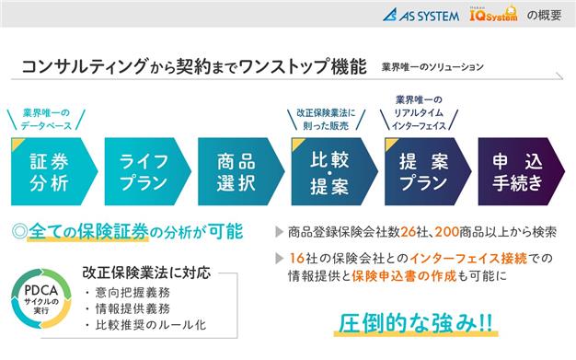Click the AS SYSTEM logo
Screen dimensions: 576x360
(420, 15)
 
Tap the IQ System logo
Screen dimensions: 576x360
(493, 14)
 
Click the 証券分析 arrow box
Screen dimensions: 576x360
(54, 171)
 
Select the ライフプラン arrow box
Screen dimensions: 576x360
(147, 171)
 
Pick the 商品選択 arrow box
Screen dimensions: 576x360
(241, 171)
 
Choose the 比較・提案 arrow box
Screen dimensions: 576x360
(334, 171)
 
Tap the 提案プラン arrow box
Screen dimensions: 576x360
(428, 171)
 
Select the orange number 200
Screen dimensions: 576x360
(446, 232)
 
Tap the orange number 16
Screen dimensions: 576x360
(297, 258)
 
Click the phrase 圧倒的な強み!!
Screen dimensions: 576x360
(416, 323)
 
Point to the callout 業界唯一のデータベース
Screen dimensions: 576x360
(46, 119)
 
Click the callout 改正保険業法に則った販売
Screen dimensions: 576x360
(327, 119)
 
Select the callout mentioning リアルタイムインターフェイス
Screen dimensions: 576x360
(419, 112)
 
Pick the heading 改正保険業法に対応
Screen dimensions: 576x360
(146, 273)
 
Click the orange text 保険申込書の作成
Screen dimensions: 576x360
(404, 276)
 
